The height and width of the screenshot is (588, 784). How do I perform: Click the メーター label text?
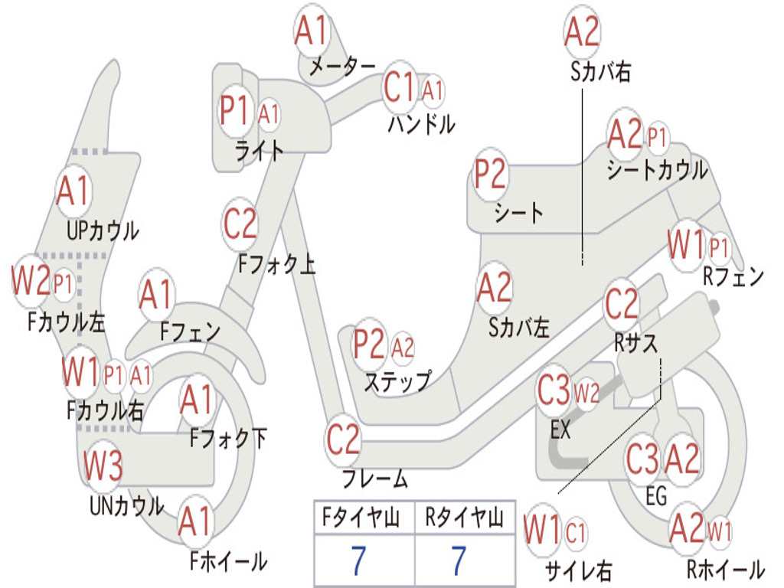pyautogui.click(x=342, y=67)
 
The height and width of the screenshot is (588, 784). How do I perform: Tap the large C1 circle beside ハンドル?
pyautogui.click(x=399, y=88)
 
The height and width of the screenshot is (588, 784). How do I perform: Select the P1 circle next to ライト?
pyautogui.click(x=234, y=112)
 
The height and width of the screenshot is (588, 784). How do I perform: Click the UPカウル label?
pyautogui.click(x=103, y=230)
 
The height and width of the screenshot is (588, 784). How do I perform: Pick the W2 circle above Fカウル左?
pyautogui.click(x=31, y=281)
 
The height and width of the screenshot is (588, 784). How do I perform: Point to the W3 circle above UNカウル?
pyautogui.click(x=103, y=465)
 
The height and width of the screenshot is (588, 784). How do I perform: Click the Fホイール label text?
pyautogui.click(x=228, y=561)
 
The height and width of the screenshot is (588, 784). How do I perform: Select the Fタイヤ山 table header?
pyautogui.click(x=363, y=520)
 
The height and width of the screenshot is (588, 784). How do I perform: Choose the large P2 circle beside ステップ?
pyautogui.click(x=369, y=345)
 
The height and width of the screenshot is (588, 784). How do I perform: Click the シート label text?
pyautogui.click(x=518, y=212)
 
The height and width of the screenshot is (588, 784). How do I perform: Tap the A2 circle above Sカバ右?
pyautogui.click(x=581, y=32)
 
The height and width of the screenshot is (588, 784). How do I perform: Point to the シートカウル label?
pyautogui.click(x=657, y=170)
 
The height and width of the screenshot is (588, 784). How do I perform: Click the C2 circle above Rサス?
pyautogui.click(x=622, y=304)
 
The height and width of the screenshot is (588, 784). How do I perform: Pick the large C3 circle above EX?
pyautogui.click(x=554, y=391)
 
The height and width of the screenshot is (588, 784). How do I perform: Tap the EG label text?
pyautogui.click(x=656, y=496)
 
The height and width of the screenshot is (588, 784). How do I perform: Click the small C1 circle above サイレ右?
pyautogui.click(x=577, y=532)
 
